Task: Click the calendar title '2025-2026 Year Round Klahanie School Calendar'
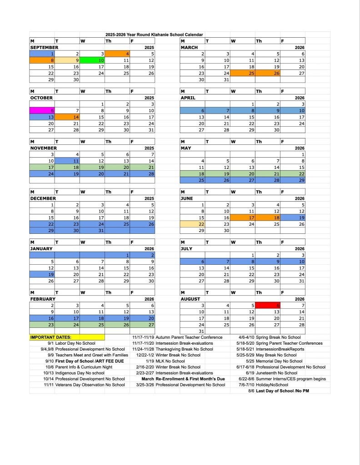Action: click(154, 35)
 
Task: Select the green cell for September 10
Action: click(92, 60)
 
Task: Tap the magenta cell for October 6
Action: click(42, 110)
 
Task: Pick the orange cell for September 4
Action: click(117, 54)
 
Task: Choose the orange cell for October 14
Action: click(67, 117)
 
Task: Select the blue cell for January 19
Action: click(42, 274)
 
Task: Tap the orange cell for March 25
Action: click(243, 73)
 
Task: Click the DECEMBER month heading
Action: click(43, 198)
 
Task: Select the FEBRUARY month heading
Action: click(43, 299)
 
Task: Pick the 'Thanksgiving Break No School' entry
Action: click(184, 349)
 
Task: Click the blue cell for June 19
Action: click(293, 218)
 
